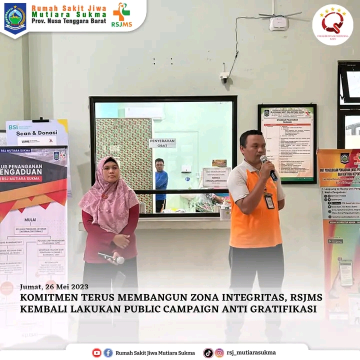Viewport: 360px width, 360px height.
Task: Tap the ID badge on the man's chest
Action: coord(269,200)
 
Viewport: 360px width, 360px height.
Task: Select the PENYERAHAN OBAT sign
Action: coord(162,143)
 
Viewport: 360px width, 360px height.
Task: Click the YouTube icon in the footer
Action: coord(96,352)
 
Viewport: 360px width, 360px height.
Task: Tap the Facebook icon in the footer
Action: coord(108,352)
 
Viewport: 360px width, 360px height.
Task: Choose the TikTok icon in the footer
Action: coord(208,352)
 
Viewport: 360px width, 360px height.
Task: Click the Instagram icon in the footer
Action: coord(219,352)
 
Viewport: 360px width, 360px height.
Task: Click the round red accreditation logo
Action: coord(332,24)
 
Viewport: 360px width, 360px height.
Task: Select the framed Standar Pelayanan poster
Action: coord(287,143)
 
